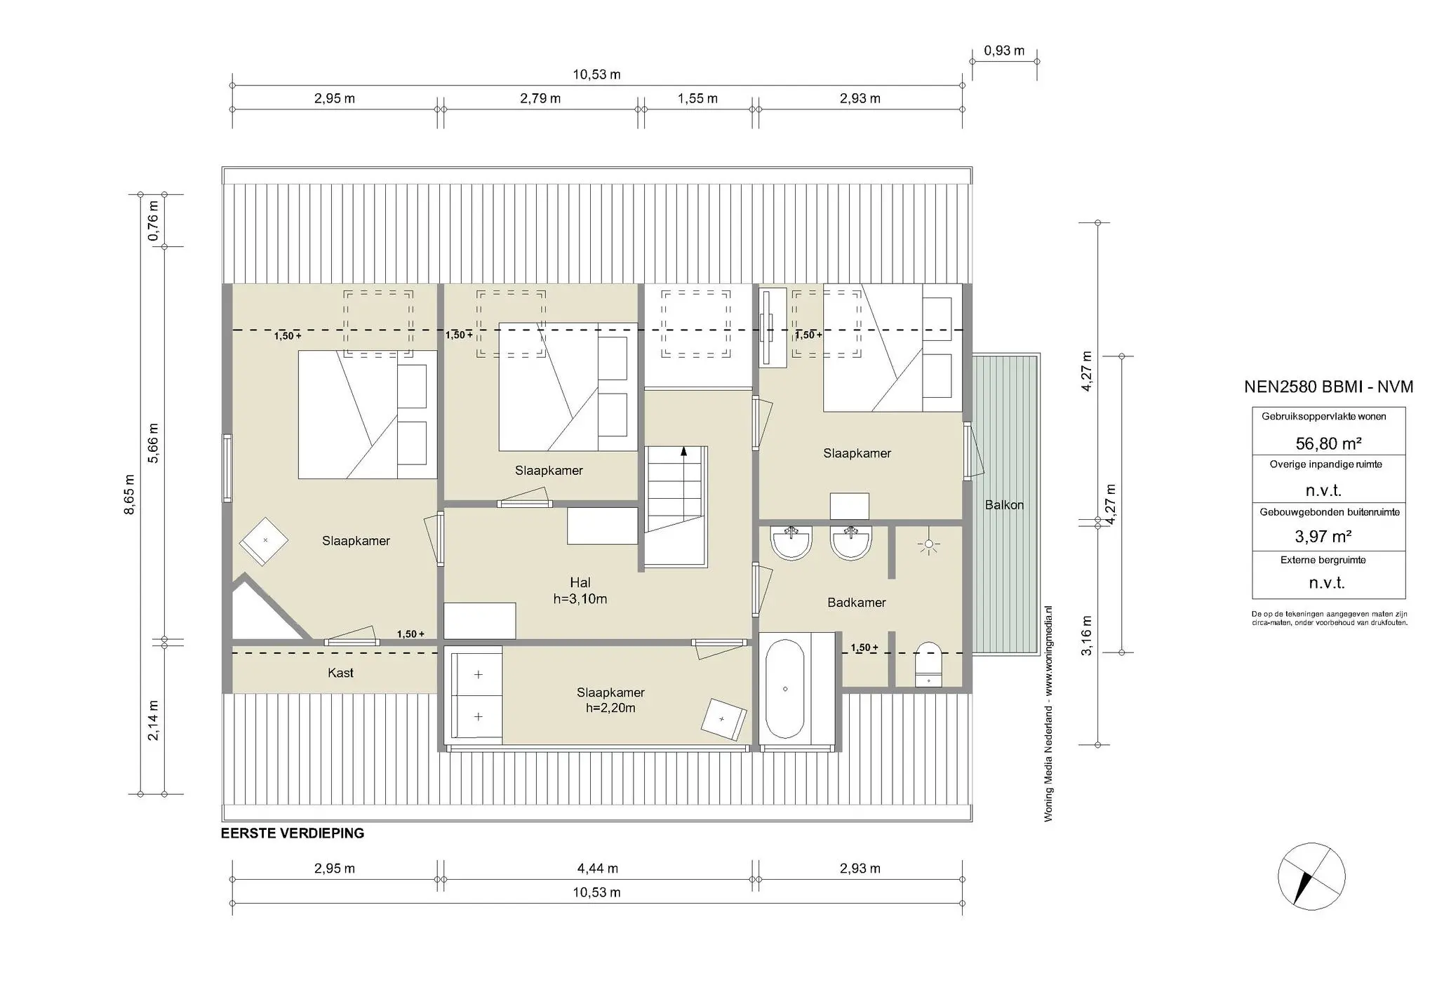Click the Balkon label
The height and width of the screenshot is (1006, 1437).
tap(1004, 505)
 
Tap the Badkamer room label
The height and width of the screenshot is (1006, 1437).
tap(856, 603)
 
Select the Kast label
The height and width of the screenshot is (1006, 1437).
tap(340, 673)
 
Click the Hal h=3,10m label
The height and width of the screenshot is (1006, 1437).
tap(580, 591)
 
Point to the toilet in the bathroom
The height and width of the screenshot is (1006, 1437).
tap(929, 664)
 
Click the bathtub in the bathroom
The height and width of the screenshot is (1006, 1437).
tap(784, 688)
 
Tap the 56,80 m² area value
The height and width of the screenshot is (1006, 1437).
tap(1328, 443)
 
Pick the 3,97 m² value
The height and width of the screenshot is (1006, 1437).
tap(1323, 537)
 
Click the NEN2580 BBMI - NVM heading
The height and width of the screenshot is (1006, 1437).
tap(1328, 387)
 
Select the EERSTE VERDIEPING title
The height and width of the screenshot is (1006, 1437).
tap(293, 833)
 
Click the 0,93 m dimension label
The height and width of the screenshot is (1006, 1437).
tap(1004, 51)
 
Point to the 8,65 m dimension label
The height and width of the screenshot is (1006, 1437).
tap(129, 495)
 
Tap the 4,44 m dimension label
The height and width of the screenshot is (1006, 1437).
tap(598, 868)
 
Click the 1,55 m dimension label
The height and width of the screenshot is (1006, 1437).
tap(697, 99)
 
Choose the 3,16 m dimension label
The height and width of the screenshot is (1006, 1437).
tap(1087, 636)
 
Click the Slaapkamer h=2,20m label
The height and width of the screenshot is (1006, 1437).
tap(610, 700)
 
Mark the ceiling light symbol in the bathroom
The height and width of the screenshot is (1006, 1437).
tap(929, 544)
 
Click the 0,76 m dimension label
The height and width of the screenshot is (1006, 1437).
tap(153, 221)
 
